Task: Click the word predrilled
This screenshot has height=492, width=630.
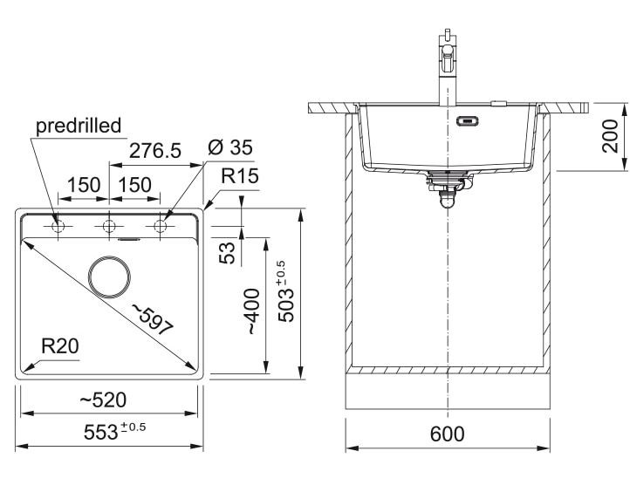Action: (x=78, y=126)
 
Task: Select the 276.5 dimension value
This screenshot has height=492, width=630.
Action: (x=154, y=150)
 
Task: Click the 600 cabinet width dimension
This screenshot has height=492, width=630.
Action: (x=448, y=434)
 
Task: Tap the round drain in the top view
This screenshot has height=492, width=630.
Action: (x=109, y=275)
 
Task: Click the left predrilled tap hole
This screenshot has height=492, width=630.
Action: (x=58, y=227)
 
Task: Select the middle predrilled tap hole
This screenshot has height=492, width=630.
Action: (x=109, y=227)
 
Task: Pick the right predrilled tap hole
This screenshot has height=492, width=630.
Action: (x=161, y=227)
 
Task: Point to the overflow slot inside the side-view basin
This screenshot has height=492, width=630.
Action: (x=468, y=121)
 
